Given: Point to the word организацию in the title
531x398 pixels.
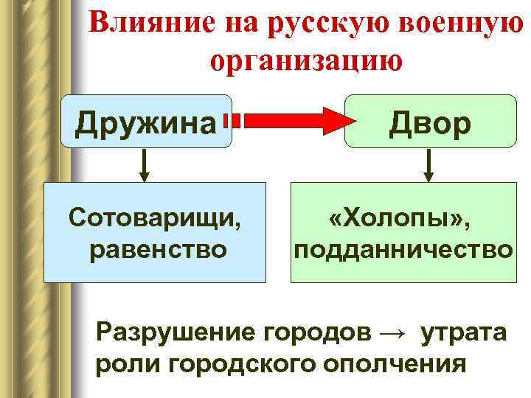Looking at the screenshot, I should pos(306,60).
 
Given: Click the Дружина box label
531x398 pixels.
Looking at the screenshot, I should pos(145,123).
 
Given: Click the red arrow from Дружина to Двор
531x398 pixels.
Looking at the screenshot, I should pos(288,119).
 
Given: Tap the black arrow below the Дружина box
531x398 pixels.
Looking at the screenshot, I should pos(145,165).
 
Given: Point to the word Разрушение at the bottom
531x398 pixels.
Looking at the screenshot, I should pos(174,332).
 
